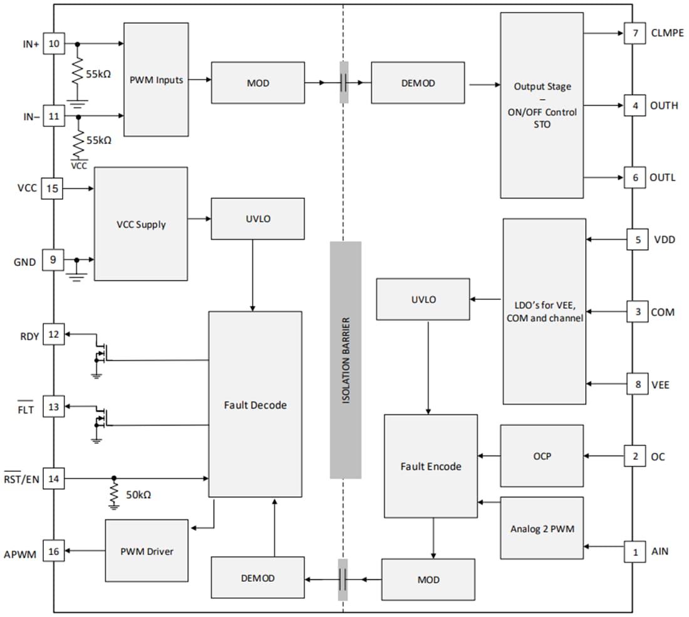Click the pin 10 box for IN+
click(54, 44)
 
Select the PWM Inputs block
click(156, 79)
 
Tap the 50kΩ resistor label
click(138, 494)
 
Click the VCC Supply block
click(140, 223)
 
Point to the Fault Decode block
click(255, 405)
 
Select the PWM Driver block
click(147, 551)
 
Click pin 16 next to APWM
click(54, 551)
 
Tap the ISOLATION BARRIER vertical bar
click(346, 360)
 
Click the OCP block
click(542, 456)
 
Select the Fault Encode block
click(430, 466)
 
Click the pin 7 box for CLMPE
click(635, 33)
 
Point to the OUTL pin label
click(662, 178)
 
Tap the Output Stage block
click(542, 105)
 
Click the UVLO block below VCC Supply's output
click(257, 218)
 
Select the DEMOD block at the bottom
click(257, 578)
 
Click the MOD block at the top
click(257, 82)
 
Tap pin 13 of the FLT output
click(54, 408)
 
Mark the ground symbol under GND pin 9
click(76, 275)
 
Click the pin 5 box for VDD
click(637, 239)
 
